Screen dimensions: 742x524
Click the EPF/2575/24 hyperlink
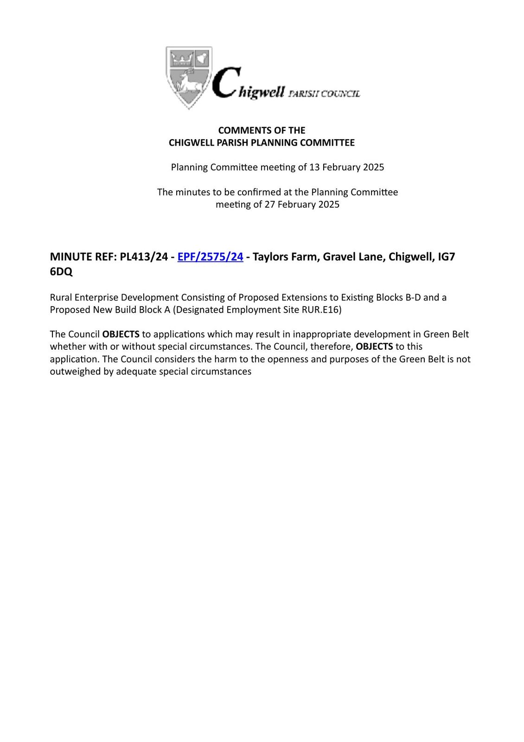pyautogui.click(x=210, y=256)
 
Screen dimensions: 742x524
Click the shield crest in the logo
pyautogui.click(x=188, y=77)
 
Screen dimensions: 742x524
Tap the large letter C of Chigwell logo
pyautogui.click(x=226, y=83)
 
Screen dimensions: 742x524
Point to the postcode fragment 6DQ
pyautogui.click(x=61, y=272)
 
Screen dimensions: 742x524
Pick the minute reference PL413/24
pyautogui.click(x=144, y=256)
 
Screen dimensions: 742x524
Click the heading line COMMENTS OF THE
pyautogui.click(x=262, y=130)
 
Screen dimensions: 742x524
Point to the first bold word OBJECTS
pyautogui.click(x=121, y=334)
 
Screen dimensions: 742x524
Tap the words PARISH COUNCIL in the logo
pyautogui.click(x=324, y=94)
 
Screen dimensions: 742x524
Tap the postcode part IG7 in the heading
pyautogui.click(x=447, y=256)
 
